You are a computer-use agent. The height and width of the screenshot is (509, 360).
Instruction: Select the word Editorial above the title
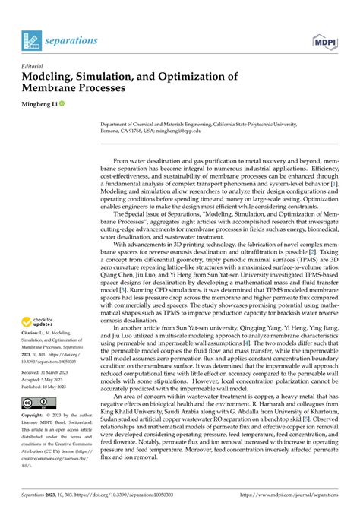coord(37,65)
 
